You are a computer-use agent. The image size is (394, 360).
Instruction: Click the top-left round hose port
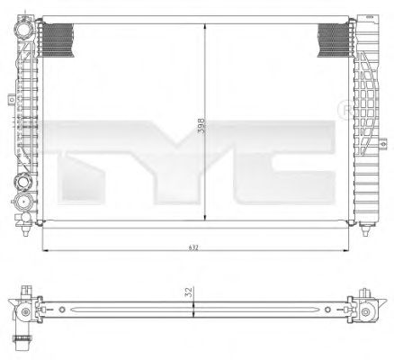coord(24,29)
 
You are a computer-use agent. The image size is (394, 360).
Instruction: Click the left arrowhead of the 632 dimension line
coord(46,250)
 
